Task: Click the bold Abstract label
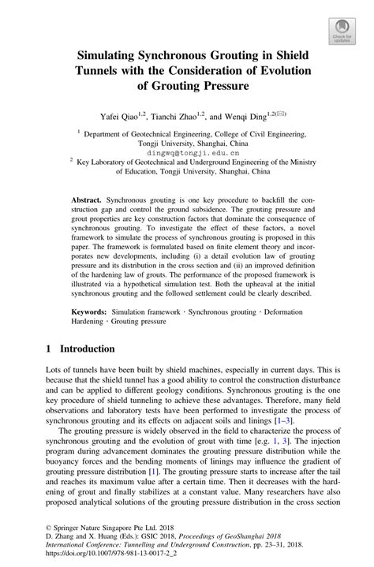(87, 203)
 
